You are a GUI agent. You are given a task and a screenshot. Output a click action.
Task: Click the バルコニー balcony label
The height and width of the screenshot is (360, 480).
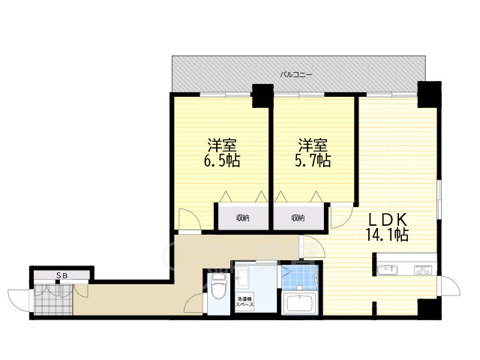296,74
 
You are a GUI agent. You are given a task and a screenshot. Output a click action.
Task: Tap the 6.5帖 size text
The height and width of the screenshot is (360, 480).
222,160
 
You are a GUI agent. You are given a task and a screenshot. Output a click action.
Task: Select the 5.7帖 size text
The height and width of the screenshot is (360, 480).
313,160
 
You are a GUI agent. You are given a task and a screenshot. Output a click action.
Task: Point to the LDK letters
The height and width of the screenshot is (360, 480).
387,220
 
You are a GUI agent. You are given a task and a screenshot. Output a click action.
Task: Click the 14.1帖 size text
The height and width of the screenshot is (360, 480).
387,235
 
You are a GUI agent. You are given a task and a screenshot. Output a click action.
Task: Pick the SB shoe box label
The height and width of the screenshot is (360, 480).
61,275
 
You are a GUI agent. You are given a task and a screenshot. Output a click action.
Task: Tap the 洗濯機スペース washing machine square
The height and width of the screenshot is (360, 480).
244,301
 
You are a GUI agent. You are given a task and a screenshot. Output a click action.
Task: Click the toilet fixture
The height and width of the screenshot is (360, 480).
218,286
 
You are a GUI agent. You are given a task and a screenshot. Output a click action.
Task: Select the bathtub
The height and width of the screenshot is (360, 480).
299,303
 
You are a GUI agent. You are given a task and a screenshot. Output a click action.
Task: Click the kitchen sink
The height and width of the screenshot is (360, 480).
387,270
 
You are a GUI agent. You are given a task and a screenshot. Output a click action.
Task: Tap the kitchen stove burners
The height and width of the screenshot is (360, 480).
424,270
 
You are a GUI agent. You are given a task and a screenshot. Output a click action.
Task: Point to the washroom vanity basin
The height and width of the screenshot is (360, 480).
242,277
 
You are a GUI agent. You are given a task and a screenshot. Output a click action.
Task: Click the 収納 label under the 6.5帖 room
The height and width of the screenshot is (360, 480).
242,218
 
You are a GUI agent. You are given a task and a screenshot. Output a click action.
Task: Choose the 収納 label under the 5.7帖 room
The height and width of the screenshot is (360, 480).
298,218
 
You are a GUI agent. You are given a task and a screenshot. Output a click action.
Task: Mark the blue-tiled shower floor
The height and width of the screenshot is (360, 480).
299,277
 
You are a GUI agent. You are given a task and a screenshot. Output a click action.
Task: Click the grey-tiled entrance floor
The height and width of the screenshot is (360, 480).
53,299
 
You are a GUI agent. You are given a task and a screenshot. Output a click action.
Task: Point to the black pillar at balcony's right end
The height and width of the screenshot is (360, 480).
429,94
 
